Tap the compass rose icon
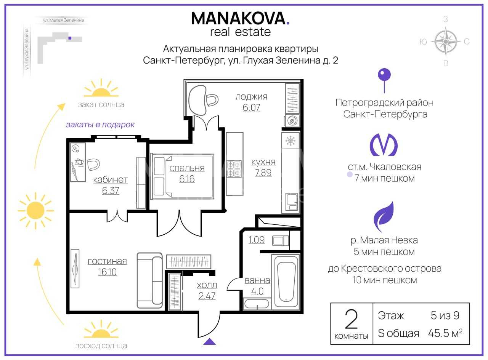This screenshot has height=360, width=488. click(446, 42)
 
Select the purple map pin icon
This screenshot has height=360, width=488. click(384, 80)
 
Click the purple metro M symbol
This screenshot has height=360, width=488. click(384, 145)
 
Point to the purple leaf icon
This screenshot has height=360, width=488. click(384, 217)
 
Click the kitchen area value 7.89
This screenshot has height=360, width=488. click(263, 173)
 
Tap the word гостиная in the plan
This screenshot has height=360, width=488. click(108, 261)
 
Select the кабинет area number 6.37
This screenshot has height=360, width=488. click(111, 190)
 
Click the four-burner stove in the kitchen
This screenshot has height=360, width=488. click(234, 169)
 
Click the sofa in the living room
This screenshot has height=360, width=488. click(149, 280)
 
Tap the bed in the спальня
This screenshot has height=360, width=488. click(182, 176)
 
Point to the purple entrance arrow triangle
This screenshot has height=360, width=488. click(209, 341)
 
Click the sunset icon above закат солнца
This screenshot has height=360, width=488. click(101, 88)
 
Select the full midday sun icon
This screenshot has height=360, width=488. click(35, 210)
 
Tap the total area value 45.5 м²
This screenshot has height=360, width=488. click(445, 333)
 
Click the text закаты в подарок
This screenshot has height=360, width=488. click(100, 125)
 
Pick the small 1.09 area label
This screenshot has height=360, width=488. click(257, 240)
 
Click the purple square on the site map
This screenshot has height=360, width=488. click(70, 38)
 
